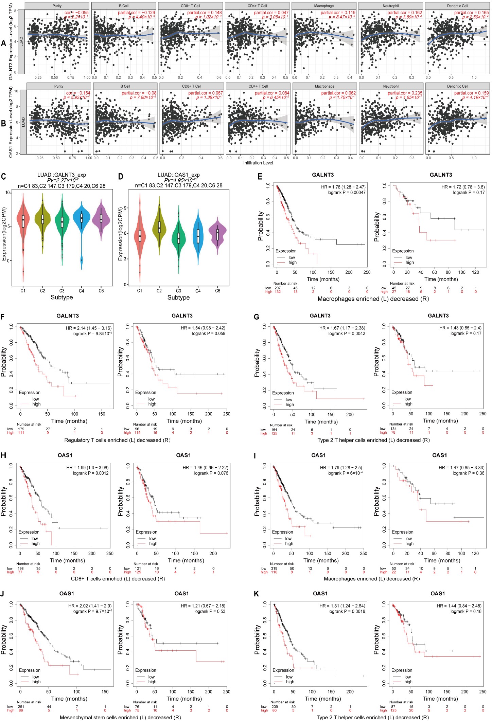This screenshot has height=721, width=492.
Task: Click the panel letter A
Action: [x=3, y=43]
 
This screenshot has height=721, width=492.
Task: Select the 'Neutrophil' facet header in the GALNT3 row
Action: [x=391, y=6]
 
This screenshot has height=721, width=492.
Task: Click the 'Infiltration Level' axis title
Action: [x=258, y=163]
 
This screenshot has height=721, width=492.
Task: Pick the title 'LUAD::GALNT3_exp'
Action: [x=62, y=175]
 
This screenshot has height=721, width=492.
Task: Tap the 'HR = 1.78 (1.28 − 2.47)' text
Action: [x=343, y=187]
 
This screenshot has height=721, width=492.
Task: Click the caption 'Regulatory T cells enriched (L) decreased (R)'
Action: [x=117, y=440]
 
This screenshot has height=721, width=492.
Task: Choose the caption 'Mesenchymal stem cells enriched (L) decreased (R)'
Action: [x=120, y=718]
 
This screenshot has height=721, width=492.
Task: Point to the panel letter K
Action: [x=257, y=594]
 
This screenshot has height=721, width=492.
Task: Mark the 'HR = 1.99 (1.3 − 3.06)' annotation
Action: [x=87, y=468]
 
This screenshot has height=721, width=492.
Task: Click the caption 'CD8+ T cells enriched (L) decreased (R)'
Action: [x=118, y=579]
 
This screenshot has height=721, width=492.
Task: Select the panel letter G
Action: [x=257, y=317]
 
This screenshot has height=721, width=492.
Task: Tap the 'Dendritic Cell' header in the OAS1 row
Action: [x=457, y=86]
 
